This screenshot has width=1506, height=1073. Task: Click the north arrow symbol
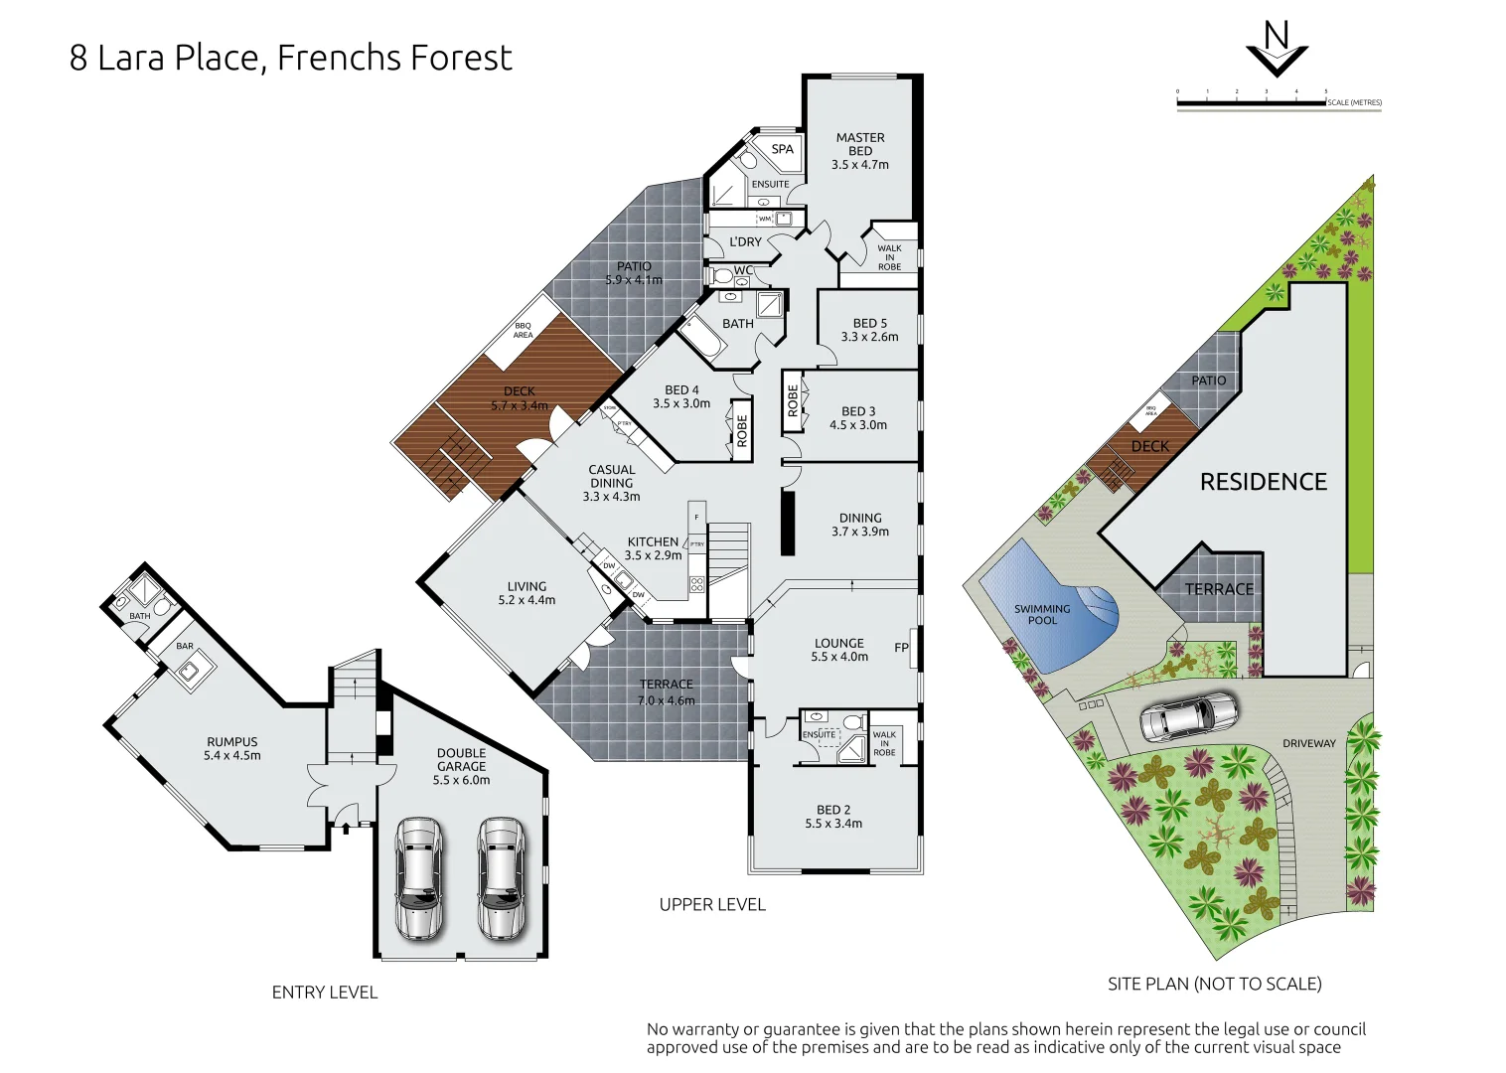(x=1277, y=50)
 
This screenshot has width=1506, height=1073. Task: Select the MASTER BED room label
(x=860, y=144)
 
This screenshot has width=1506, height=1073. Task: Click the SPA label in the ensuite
(x=783, y=149)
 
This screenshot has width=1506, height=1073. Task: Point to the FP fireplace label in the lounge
(x=901, y=648)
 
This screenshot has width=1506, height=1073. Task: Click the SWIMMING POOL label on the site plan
(x=1042, y=614)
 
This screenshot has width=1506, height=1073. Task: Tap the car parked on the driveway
(x=1188, y=716)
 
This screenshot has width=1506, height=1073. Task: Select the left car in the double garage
(x=419, y=878)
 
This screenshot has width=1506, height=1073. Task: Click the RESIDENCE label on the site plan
(x=1263, y=482)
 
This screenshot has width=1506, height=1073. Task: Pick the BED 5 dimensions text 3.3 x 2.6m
(x=869, y=337)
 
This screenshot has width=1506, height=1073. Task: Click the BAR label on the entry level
(x=185, y=646)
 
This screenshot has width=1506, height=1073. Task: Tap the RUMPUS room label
(x=232, y=741)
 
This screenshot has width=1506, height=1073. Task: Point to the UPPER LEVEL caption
(x=712, y=904)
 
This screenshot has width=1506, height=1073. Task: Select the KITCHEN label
(x=653, y=541)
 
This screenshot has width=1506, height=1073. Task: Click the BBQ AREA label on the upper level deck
(x=523, y=330)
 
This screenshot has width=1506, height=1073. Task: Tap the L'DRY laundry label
(x=745, y=241)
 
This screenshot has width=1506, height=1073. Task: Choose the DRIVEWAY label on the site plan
(x=1308, y=743)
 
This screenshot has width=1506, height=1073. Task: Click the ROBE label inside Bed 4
(x=741, y=430)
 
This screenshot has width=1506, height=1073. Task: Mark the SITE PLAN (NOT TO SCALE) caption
(x=1214, y=984)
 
